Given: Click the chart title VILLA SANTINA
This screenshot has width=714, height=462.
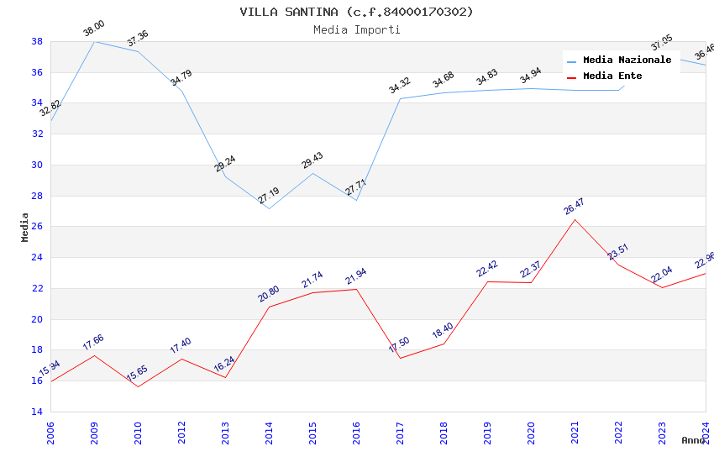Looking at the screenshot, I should tap(356, 12).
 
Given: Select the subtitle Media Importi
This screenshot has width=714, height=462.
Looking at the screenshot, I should tap(356, 29).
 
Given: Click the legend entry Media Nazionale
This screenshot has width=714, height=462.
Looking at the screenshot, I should tap(627, 60).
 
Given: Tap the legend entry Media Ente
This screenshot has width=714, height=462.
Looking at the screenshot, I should tap(612, 76).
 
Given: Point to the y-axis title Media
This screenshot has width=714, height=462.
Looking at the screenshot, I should tap(25, 227).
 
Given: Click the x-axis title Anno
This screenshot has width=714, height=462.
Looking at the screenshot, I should tap(693, 440).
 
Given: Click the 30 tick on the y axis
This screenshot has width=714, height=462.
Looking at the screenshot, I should tap(37, 165).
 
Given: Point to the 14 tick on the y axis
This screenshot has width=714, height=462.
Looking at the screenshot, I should tap(37, 412).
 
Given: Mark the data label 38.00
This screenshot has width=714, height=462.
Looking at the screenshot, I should tap(93, 30).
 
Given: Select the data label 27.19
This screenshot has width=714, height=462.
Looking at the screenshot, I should tap(269, 196).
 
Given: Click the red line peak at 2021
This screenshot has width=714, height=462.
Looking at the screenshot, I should tap(575, 219).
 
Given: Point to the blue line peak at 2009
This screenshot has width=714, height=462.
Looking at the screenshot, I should tap(94, 41).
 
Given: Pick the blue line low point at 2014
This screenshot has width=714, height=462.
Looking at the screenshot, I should tap(269, 208).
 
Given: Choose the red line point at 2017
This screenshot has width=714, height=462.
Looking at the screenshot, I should tap(400, 358).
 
